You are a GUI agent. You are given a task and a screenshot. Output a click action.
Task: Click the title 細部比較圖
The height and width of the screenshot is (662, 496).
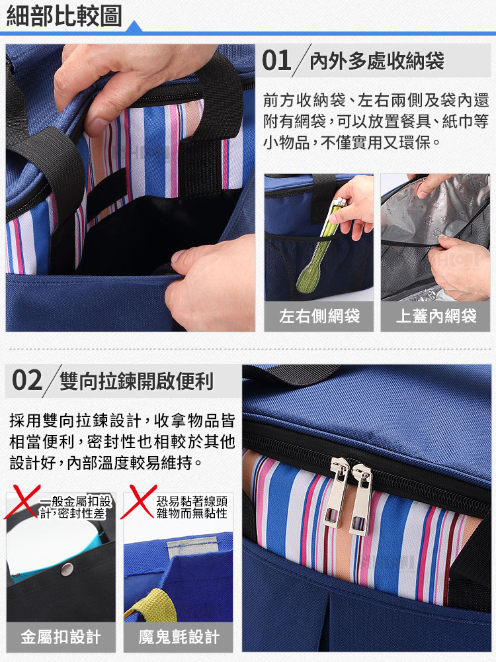(x=64, y=16)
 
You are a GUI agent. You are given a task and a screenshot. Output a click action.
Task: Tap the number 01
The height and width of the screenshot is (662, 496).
(x=276, y=60)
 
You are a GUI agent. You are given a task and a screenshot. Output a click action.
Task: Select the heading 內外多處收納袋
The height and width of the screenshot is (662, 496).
(x=377, y=61)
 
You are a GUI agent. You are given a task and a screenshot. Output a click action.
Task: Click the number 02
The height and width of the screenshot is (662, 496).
(x=27, y=380)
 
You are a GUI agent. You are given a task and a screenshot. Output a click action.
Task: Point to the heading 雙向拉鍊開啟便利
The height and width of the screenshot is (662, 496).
(x=136, y=381)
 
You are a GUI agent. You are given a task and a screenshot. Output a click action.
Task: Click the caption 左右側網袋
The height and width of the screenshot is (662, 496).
(x=319, y=316)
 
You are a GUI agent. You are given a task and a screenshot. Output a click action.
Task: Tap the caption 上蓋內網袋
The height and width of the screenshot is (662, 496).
(x=436, y=316)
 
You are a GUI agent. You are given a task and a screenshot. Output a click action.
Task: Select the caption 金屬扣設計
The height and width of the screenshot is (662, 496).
(x=61, y=637)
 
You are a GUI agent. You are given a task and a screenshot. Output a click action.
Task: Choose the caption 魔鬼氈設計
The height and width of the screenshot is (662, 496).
(x=179, y=637)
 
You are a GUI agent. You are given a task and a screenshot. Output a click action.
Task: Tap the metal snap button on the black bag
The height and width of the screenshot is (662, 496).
(x=67, y=569)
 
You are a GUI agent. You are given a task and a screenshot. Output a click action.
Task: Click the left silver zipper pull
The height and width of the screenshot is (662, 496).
(x=336, y=493)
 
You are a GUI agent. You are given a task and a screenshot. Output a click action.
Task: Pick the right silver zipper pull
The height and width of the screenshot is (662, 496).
(x=360, y=499)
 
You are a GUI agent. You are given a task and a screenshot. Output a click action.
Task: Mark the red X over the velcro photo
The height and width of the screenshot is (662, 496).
(x=138, y=502)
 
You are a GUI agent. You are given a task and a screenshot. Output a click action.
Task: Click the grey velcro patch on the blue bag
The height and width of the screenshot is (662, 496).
(x=192, y=547)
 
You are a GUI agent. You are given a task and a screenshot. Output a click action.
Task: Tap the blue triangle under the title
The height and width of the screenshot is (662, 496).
(x=134, y=26)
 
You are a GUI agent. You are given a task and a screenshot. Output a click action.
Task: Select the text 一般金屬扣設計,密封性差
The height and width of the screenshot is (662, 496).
(x=75, y=507)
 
